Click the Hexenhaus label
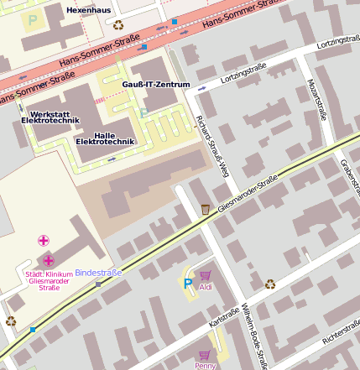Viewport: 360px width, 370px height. (88, 8)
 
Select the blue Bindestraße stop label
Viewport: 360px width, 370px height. (98, 273)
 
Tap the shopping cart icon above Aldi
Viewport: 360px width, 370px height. (205, 275)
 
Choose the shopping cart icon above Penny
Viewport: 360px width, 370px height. (204, 355)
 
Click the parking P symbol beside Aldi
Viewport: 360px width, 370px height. (188, 284)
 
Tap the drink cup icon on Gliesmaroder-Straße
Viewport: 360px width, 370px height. (206, 209)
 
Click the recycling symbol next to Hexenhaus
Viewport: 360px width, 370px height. (118, 25)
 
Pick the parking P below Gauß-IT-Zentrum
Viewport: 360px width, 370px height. (143, 112)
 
